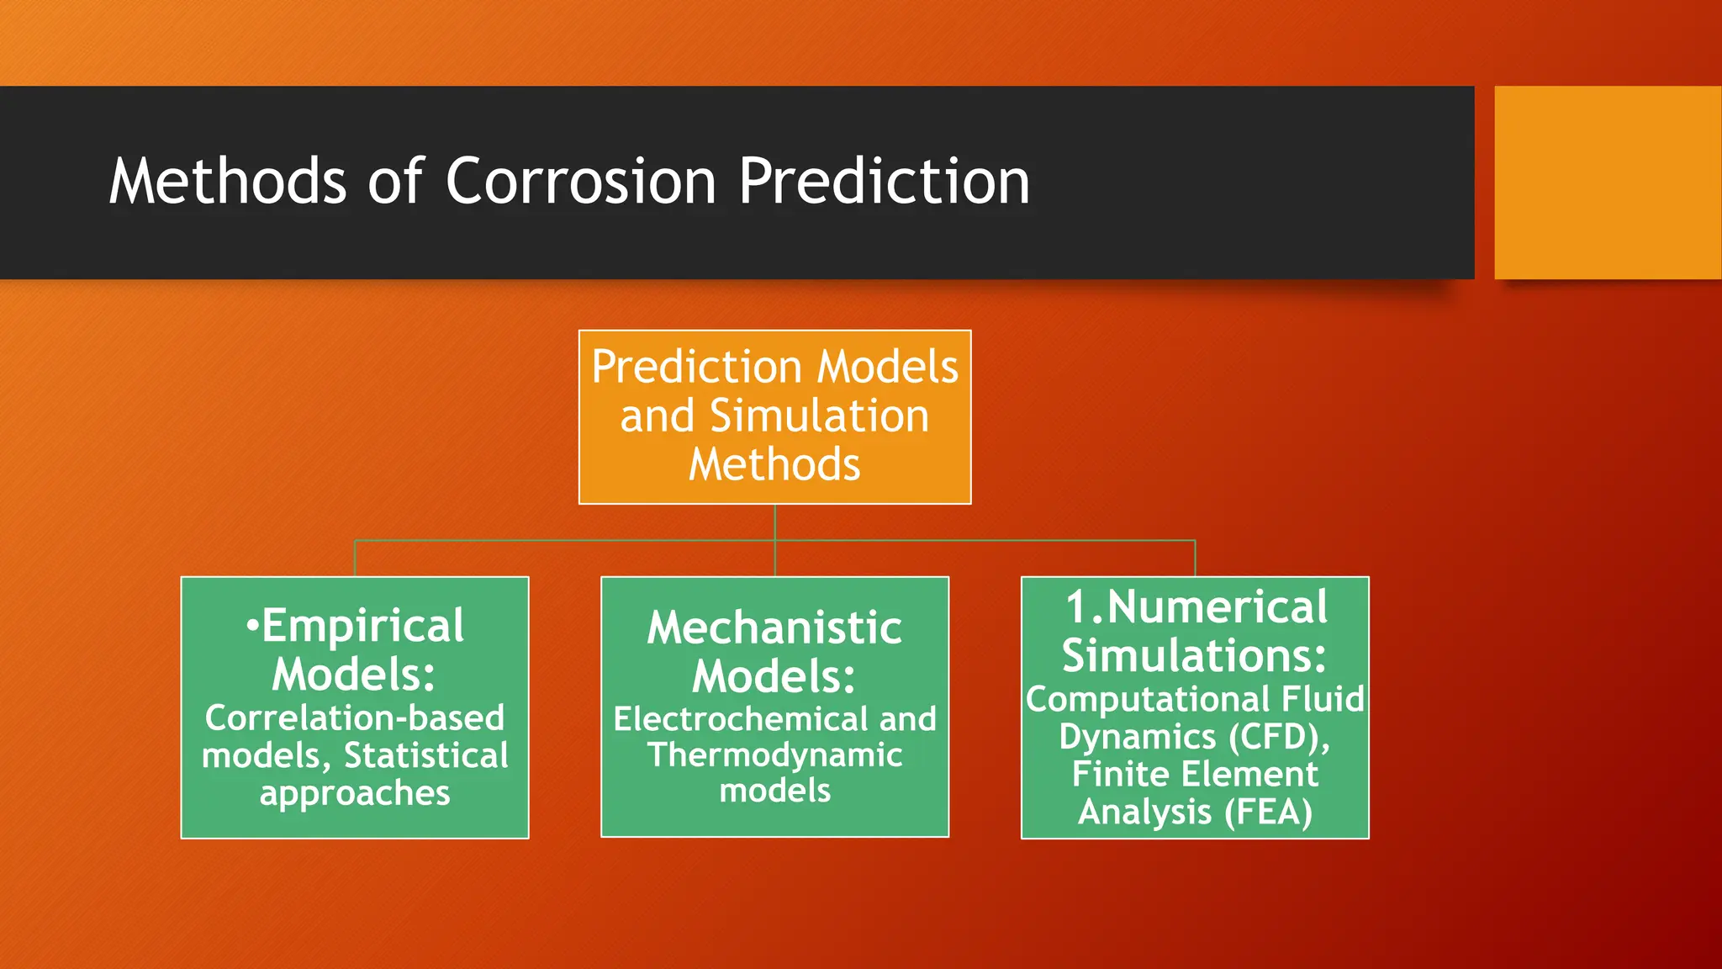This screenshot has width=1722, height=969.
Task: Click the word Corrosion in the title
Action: pos(580,181)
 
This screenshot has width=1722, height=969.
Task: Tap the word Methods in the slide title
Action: pos(228,181)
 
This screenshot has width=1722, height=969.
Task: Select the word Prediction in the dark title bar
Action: pos(884,181)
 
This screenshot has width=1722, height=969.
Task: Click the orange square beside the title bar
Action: pos(1607,183)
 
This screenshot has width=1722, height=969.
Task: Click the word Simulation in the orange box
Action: pos(819,416)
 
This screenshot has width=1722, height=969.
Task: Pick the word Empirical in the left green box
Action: pos(362,626)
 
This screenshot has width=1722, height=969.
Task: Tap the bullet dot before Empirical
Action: pos(251,627)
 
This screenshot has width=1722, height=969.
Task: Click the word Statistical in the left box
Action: pos(426,755)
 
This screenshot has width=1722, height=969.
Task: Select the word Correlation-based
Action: pos(354,717)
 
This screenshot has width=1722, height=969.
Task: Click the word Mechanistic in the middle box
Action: pos(774,627)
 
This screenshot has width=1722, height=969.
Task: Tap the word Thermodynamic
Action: pos(774,755)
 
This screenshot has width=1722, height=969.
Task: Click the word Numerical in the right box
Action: pos(1217,606)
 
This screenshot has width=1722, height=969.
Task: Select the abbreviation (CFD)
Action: pos(1279,737)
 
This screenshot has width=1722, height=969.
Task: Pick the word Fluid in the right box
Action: pos(1323,699)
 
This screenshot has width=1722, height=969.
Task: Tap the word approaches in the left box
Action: pos(355,793)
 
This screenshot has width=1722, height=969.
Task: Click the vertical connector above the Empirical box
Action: pos(355,559)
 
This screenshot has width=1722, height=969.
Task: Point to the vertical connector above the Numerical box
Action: pos(1195,559)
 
